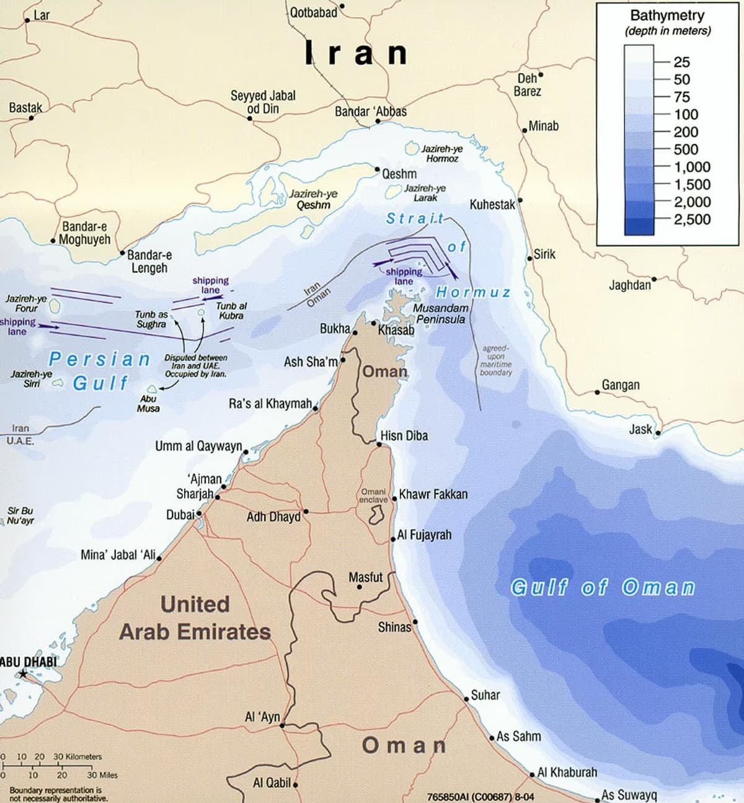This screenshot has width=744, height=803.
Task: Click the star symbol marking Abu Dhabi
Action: [23, 673]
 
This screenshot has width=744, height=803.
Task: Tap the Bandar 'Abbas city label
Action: [370, 112]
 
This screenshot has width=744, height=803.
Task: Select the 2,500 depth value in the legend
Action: [692, 219]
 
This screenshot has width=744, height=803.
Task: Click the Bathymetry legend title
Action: [668, 16]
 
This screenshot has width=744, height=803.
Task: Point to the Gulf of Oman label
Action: [602, 587]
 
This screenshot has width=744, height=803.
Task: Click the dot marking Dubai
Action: [199, 513]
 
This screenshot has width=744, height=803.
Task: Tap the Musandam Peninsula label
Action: [440, 314]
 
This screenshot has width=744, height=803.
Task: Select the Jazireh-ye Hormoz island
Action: [413, 149]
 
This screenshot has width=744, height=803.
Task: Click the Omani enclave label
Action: [374, 495]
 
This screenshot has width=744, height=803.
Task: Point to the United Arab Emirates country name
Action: [195, 618]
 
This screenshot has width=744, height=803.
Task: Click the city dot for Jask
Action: [658, 433]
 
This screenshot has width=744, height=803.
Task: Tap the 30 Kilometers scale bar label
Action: [77, 756]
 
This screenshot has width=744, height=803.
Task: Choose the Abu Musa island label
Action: [148, 404]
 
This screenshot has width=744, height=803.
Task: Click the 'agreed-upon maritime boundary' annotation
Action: [496, 360]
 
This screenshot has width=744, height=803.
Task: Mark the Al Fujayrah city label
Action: [424, 535]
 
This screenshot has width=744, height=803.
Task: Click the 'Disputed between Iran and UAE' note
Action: [195, 366]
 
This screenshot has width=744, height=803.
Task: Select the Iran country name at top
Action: [356, 53]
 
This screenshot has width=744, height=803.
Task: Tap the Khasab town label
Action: [396, 330]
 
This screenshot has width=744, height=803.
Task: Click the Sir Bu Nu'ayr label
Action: [20, 516]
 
